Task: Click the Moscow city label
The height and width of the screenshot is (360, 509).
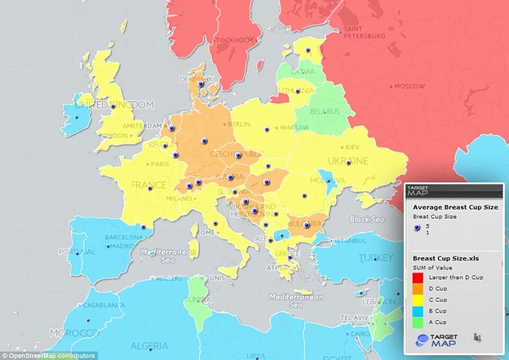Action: click(x=409, y=86)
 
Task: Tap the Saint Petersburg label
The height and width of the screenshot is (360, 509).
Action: click(x=365, y=32)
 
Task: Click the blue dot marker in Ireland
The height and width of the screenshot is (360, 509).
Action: click(x=77, y=118)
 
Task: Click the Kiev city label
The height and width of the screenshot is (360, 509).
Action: click(x=351, y=147)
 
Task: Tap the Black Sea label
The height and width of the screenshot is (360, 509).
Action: click(x=367, y=219)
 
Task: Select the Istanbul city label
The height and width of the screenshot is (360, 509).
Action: click(x=349, y=240)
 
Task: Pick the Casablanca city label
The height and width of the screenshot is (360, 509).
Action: click(x=104, y=305)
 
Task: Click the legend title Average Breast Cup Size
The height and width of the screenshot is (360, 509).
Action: click(x=455, y=207)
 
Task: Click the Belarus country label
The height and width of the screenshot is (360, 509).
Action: click(x=325, y=112)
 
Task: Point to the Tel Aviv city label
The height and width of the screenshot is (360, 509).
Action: click(x=354, y=318)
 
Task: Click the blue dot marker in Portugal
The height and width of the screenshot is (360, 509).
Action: click(x=77, y=254)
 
